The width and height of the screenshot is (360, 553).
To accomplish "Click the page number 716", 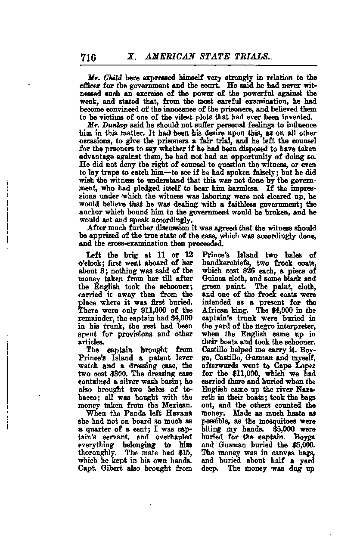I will [88, 58].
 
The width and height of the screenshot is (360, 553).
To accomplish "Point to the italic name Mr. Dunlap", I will [102, 125].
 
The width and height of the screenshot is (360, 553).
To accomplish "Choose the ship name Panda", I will [126, 414].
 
